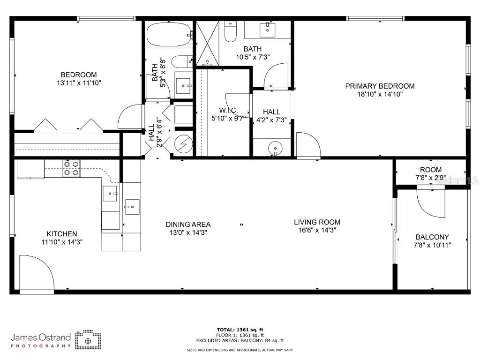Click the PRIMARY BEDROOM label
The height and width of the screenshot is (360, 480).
[380, 86]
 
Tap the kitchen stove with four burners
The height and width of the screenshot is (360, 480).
[71, 168]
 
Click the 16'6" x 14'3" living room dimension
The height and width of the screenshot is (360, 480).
[317, 230]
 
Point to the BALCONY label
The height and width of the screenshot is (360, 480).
[431, 237]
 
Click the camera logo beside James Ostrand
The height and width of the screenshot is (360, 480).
[88, 340]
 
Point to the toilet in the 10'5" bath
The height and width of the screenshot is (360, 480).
[231, 31]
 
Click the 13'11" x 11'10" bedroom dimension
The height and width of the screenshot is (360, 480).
[79, 82]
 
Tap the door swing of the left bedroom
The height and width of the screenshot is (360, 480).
[129, 117]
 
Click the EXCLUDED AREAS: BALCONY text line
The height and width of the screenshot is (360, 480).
[250, 341]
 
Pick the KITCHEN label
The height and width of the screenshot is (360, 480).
[61, 234]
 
